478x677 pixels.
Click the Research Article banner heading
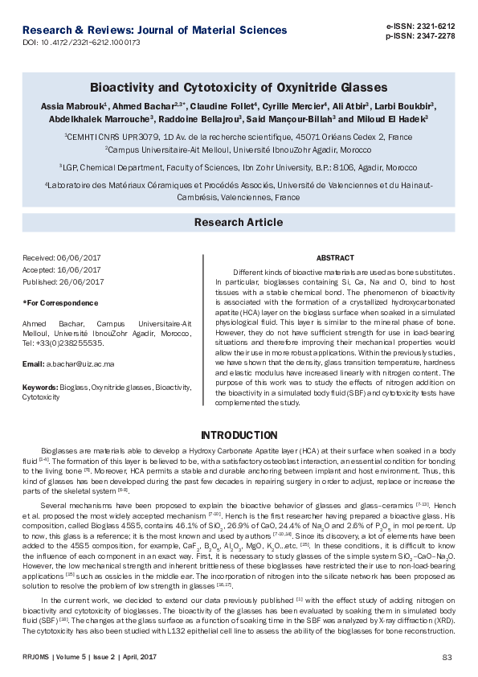pos(238,222)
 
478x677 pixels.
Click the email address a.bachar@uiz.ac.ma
pos(80,363)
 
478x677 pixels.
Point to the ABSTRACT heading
pos(335,258)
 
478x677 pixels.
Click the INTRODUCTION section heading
pos(238,435)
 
